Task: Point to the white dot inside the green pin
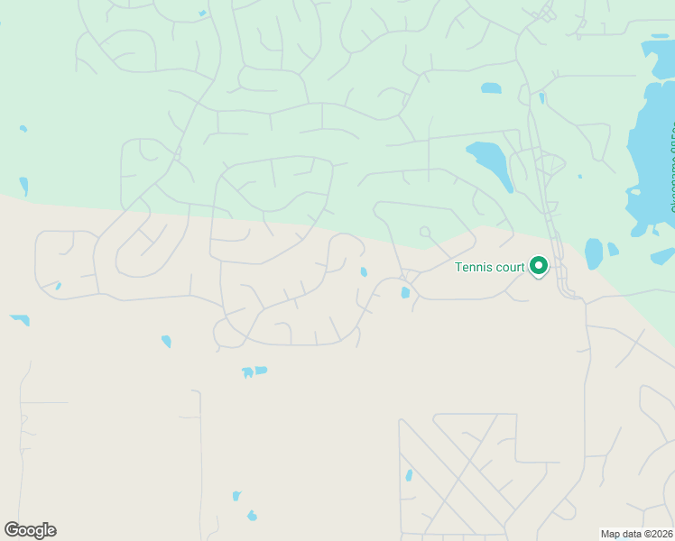(x=539, y=265)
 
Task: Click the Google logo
(x=30, y=530)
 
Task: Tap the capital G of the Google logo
(x=12, y=530)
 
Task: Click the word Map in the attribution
(x=610, y=534)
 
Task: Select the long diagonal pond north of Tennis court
(x=490, y=162)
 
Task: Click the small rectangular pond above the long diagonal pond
(x=491, y=88)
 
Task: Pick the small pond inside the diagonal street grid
(x=409, y=475)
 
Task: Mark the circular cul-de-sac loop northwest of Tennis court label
(x=423, y=232)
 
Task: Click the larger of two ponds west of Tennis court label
(x=405, y=292)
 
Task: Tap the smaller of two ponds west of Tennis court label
(x=364, y=271)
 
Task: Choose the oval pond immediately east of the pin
(x=593, y=253)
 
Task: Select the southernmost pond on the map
(x=252, y=516)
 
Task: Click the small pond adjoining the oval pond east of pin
(x=614, y=250)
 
